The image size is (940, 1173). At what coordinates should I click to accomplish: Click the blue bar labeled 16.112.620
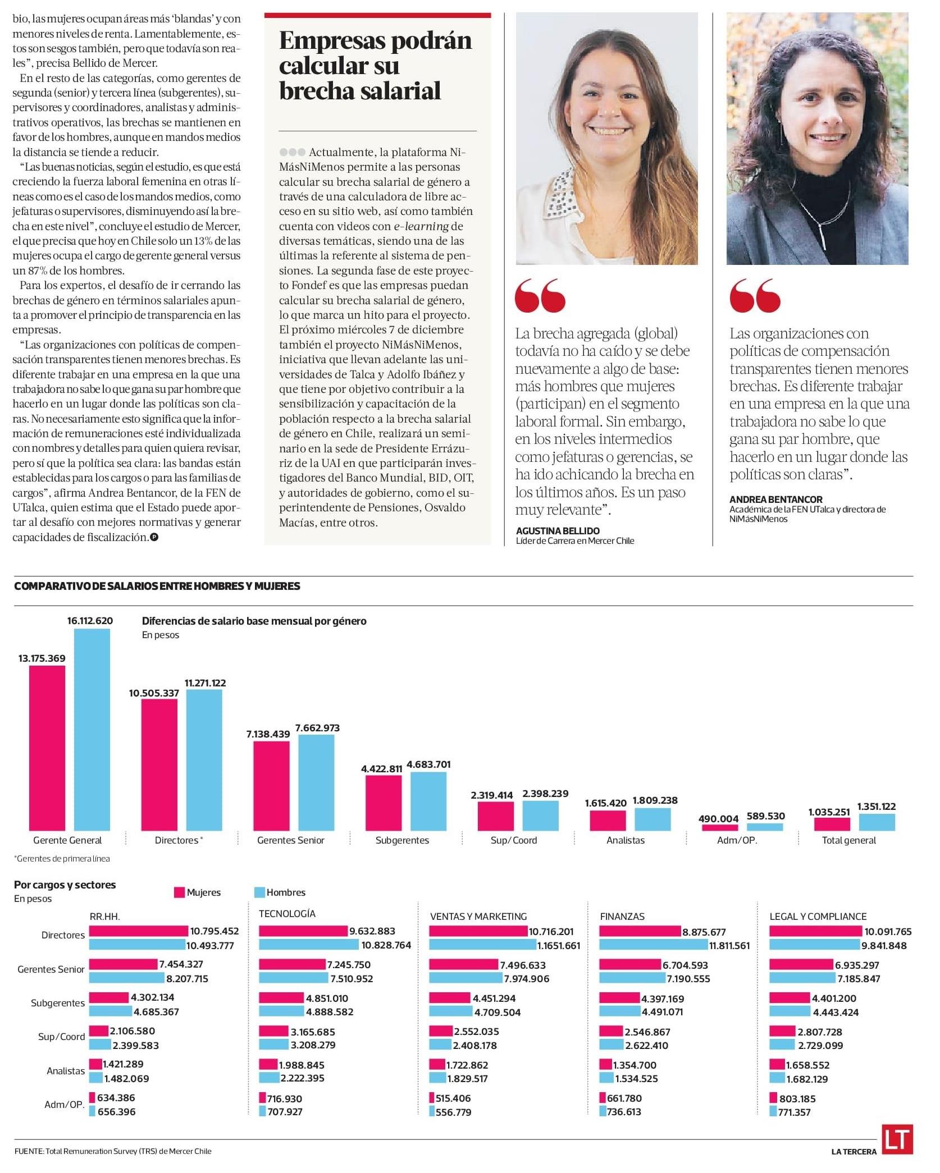tap(92, 730)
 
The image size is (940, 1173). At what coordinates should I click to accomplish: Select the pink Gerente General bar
tap(47, 748)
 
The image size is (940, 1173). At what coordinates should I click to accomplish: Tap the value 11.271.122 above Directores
tap(206, 683)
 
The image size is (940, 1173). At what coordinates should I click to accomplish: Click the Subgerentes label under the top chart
tap(402, 840)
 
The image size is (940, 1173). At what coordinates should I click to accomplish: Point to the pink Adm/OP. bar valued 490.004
tap(720, 827)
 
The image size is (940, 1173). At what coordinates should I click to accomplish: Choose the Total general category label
tap(848, 840)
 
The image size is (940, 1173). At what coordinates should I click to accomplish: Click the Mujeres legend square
tap(179, 892)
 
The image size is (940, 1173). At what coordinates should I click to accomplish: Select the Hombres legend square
tap(259, 892)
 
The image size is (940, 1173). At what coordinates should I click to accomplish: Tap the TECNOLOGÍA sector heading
tap(287, 914)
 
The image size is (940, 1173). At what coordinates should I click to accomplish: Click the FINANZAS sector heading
tap(622, 917)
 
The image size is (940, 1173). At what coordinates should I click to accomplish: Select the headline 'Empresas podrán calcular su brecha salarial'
tap(375, 66)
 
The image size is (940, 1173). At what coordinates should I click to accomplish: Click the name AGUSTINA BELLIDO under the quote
tap(558, 530)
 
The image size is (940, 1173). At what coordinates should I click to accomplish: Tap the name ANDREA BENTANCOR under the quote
tap(776, 499)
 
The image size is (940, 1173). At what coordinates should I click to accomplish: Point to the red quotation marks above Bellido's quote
tap(540, 296)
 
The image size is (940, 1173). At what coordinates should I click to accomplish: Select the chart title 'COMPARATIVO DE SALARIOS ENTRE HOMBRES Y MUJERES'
tap(157, 586)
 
